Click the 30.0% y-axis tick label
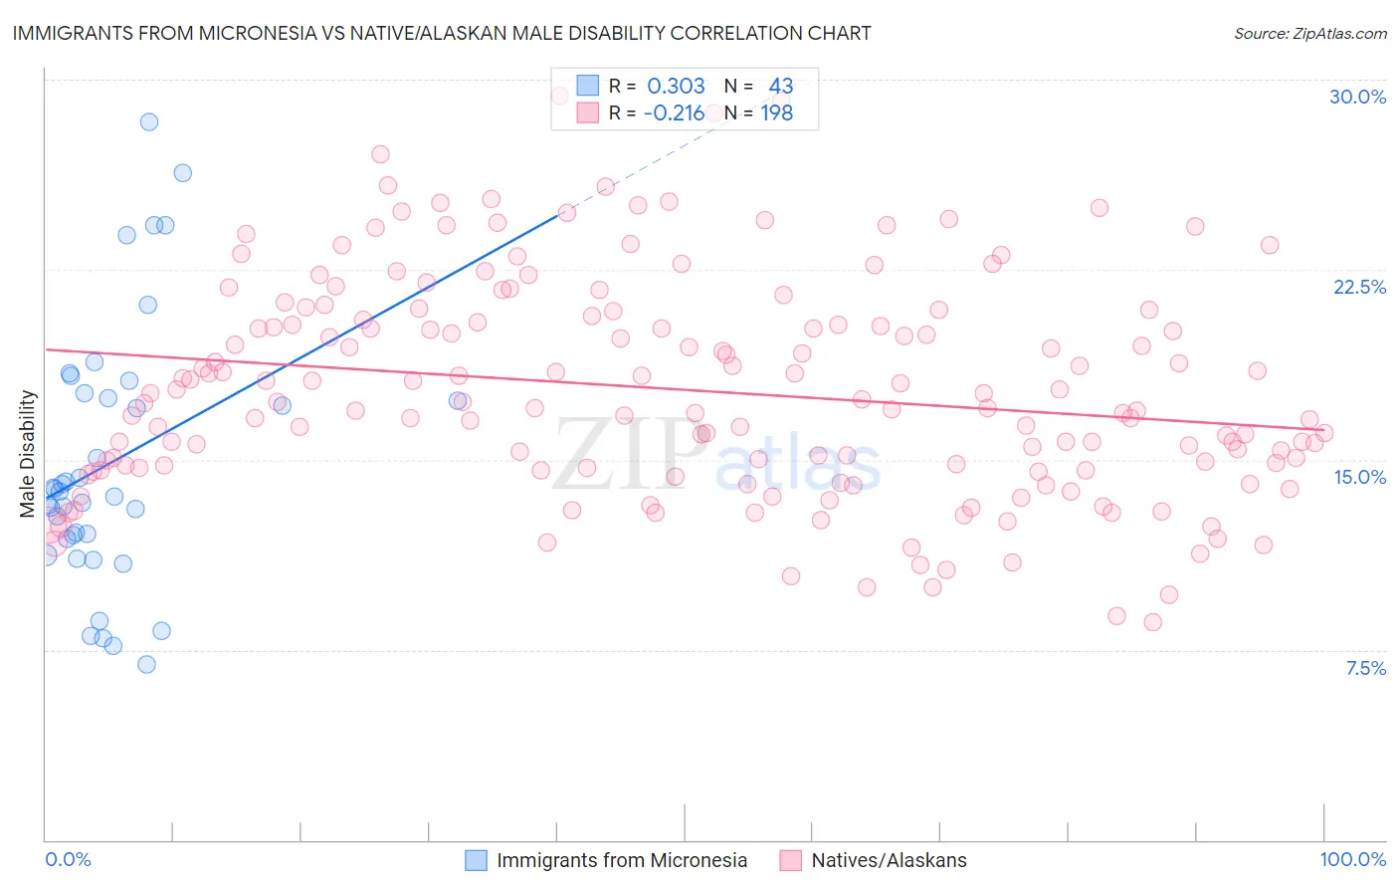[x=1357, y=97]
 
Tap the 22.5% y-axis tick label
[x=1359, y=287]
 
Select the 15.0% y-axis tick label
[x=1359, y=477]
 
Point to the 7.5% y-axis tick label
[x=1365, y=668]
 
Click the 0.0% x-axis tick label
[x=68, y=859]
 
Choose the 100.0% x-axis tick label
[x=1352, y=859]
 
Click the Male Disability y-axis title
[x=27, y=453]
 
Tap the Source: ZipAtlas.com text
[x=1309, y=34]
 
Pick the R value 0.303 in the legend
[x=676, y=86]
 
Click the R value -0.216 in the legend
[x=674, y=112]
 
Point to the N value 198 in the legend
[x=777, y=112]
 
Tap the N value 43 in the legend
[x=780, y=86]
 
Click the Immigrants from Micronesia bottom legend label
[x=622, y=860]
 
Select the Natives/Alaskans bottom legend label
[x=889, y=860]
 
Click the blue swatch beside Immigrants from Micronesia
[x=477, y=860]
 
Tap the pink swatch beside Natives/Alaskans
[x=791, y=860]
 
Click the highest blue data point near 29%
[x=149, y=121]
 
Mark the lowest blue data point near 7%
[x=146, y=664]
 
